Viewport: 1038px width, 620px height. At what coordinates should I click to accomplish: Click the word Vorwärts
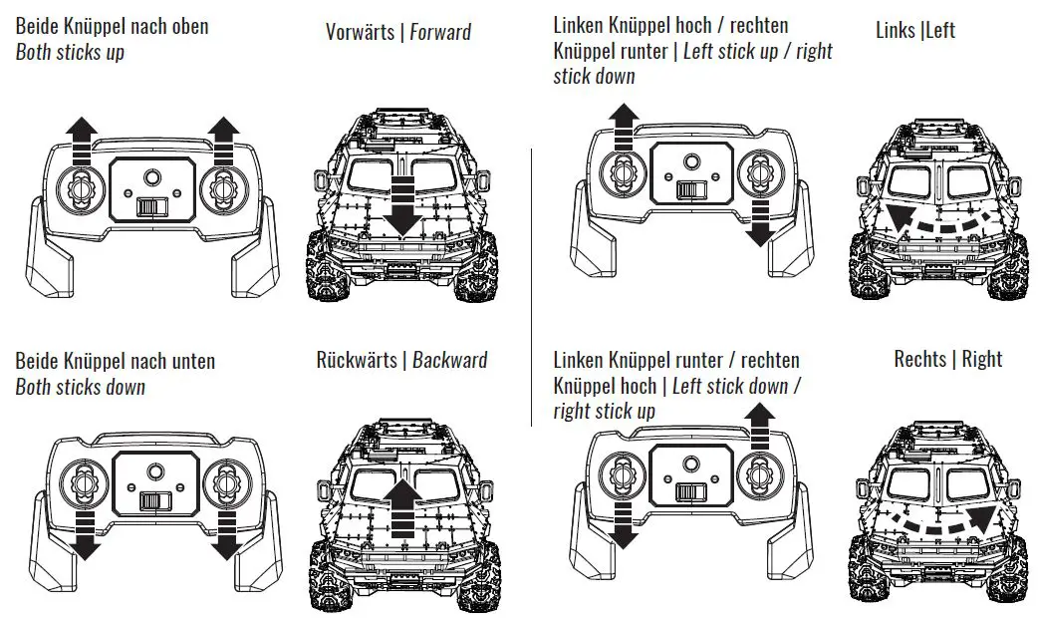click(x=361, y=32)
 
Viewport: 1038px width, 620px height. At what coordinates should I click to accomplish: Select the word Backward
click(x=450, y=360)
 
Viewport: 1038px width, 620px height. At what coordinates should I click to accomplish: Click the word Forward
click(x=440, y=32)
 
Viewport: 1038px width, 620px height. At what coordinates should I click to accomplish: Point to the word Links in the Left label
click(x=897, y=30)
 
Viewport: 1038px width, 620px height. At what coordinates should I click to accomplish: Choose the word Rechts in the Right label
click(x=920, y=359)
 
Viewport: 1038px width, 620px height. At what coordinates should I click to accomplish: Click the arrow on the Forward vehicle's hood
click(x=402, y=203)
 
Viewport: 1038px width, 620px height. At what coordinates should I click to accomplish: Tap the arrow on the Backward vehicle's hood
click(x=401, y=509)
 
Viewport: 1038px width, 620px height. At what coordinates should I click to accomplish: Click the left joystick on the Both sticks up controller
click(x=82, y=186)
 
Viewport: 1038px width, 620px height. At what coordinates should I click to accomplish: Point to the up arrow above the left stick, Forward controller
click(x=82, y=136)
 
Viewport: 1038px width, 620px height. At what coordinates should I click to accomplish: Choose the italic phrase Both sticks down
click(x=80, y=387)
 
